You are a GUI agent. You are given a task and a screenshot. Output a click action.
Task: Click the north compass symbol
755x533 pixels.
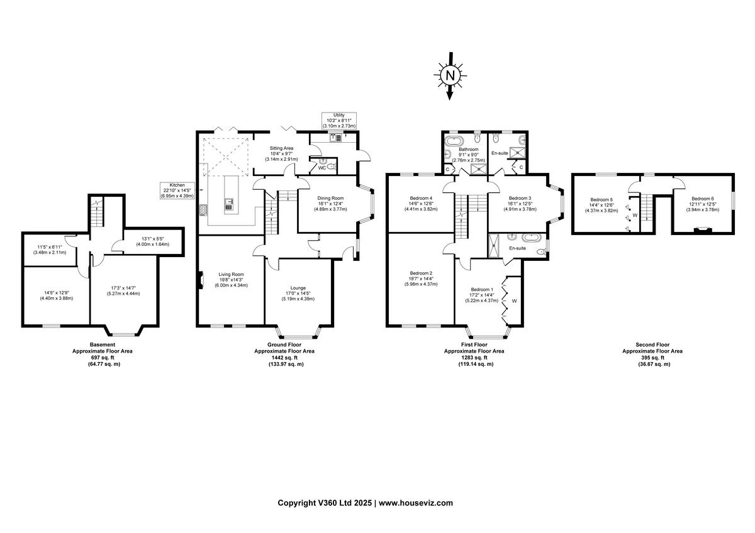pyautogui.click(x=449, y=76)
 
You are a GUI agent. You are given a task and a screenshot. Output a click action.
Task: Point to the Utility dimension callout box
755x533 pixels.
pyautogui.click(x=340, y=121)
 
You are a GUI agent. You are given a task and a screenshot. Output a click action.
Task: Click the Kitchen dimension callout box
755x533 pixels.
pyautogui.click(x=177, y=190)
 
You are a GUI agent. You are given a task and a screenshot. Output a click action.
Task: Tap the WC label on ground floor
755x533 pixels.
pyautogui.click(x=321, y=168)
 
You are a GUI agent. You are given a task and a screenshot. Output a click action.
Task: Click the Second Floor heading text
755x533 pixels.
pyautogui.click(x=652, y=344)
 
